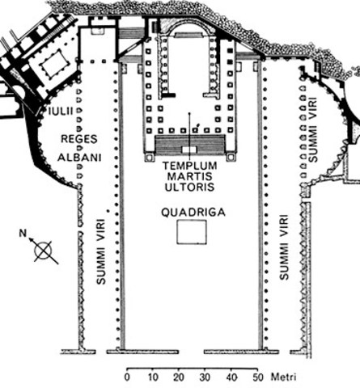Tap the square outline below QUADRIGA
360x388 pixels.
(192, 232)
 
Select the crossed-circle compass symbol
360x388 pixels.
(44, 251)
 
